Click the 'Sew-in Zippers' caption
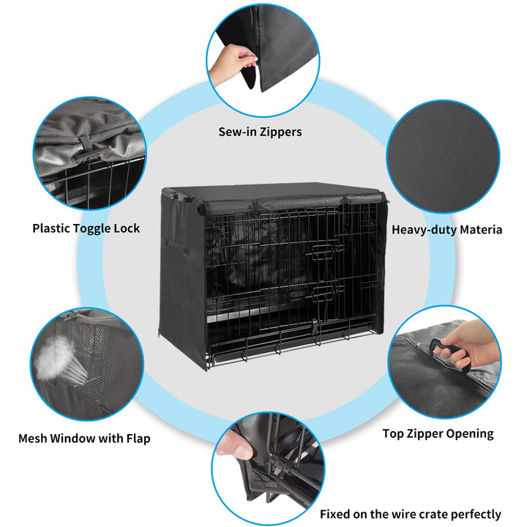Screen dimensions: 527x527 pos(260,132)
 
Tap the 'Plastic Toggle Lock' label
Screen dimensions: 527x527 pos(86,228)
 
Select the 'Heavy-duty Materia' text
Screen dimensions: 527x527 pos(447,230)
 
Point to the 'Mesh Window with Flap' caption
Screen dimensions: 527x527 pos(84,438)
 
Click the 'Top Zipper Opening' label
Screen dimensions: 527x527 pos(438,434)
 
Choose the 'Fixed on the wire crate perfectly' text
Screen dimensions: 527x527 pos(411,515)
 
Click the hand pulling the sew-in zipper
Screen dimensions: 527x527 pos(232,64)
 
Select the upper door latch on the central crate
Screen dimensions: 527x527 pos(324,251)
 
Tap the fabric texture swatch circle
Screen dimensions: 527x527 pos(443,157)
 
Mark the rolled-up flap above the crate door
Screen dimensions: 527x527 pos(299,203)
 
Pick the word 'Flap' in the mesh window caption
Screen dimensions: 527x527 pos(138,438)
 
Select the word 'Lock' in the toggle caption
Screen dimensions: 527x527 pos(127,228)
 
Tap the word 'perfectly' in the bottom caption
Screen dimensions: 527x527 pos(476,515)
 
